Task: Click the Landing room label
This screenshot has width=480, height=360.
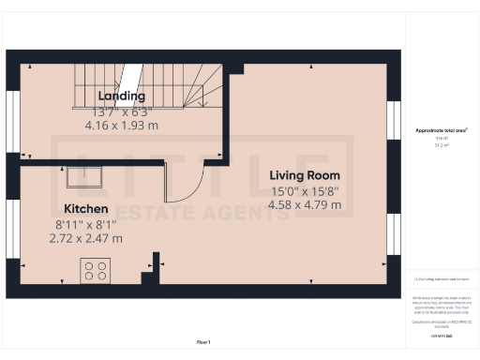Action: coord(121,96)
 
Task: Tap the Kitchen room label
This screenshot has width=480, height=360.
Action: coord(86,207)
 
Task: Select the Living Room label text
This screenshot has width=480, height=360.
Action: coord(305,175)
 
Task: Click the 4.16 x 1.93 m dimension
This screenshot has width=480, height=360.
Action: coord(121,124)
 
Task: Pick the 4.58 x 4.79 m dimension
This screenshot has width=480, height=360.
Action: coord(305,205)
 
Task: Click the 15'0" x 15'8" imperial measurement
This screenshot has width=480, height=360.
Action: coord(305,190)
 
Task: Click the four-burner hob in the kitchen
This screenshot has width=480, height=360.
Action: coord(95,271)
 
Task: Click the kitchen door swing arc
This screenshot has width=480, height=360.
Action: coord(181,182)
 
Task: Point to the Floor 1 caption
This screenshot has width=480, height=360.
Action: coord(203,341)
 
